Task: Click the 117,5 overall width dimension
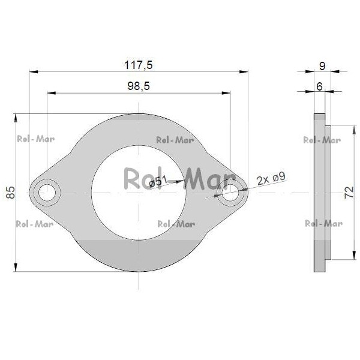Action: pyautogui.click(x=138, y=65)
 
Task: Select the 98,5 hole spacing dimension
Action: pyautogui.click(x=139, y=86)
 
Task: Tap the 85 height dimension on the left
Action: pyautogui.click(x=11, y=193)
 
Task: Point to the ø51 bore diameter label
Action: pyautogui.click(x=158, y=182)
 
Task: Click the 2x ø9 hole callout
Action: pyautogui.click(x=271, y=178)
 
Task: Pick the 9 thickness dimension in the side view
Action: pyautogui.click(x=322, y=66)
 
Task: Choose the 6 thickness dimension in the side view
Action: pyautogui.click(x=319, y=86)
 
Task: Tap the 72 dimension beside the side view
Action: pyautogui.click(x=349, y=193)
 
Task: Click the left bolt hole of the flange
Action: pyautogui.click(x=47, y=193)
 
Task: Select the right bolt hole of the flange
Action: pyautogui.click(x=230, y=193)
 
